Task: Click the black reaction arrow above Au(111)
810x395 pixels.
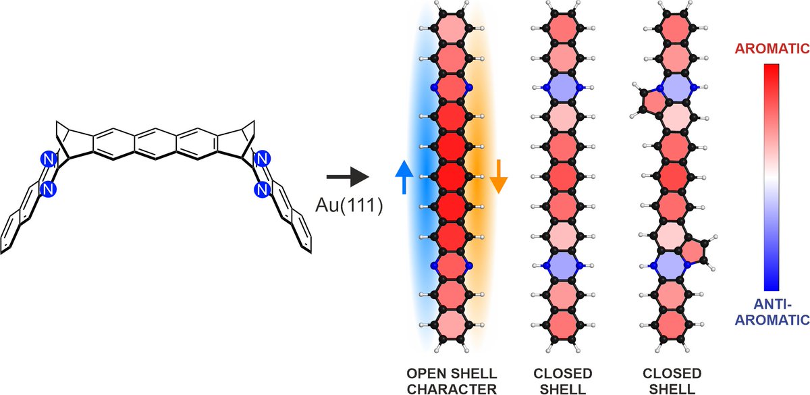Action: tap(348, 178)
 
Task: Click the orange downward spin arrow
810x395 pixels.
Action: tap(497, 178)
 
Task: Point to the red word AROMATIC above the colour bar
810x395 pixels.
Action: tap(772, 49)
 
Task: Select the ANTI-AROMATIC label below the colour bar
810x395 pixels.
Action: tap(772, 312)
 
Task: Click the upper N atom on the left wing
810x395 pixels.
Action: tap(47, 160)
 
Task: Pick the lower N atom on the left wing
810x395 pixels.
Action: tap(47, 191)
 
